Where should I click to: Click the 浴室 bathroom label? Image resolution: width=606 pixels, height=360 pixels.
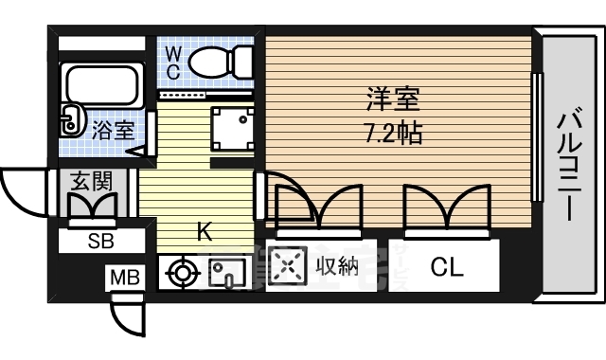click(113, 131)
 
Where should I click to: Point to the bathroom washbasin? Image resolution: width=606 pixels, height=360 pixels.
click(72, 120)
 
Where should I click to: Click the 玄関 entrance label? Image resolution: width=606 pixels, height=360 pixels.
click(91, 181)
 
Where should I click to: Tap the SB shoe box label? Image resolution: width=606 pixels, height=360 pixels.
click(101, 242)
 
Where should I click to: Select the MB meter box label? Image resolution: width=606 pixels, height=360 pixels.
click(125, 278)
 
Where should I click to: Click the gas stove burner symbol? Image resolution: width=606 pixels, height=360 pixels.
click(182, 273)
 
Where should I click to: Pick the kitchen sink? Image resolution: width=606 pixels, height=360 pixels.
click(227, 273)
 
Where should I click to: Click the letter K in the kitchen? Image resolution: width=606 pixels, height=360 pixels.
click(204, 232)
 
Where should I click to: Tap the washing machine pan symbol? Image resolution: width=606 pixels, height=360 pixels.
click(233, 130)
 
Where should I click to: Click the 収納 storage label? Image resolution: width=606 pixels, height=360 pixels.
click(337, 265)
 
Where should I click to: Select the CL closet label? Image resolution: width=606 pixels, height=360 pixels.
click(447, 267)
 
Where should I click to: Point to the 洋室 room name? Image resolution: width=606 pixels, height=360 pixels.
click(393, 99)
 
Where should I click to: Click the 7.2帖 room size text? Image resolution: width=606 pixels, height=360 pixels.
click(394, 133)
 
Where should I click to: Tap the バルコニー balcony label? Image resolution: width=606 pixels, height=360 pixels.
click(569, 166)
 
